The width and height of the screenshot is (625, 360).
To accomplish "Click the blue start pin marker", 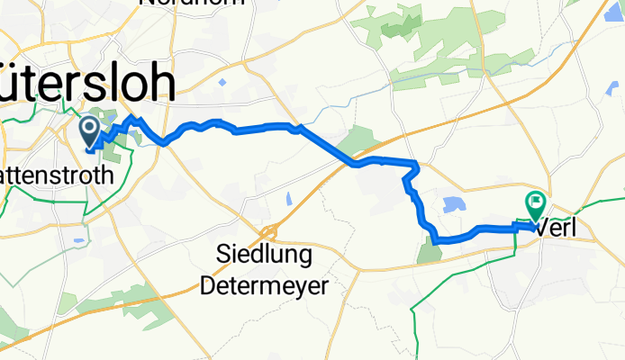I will pos(91,131).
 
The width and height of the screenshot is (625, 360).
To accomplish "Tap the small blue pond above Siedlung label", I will pos(289,198).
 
